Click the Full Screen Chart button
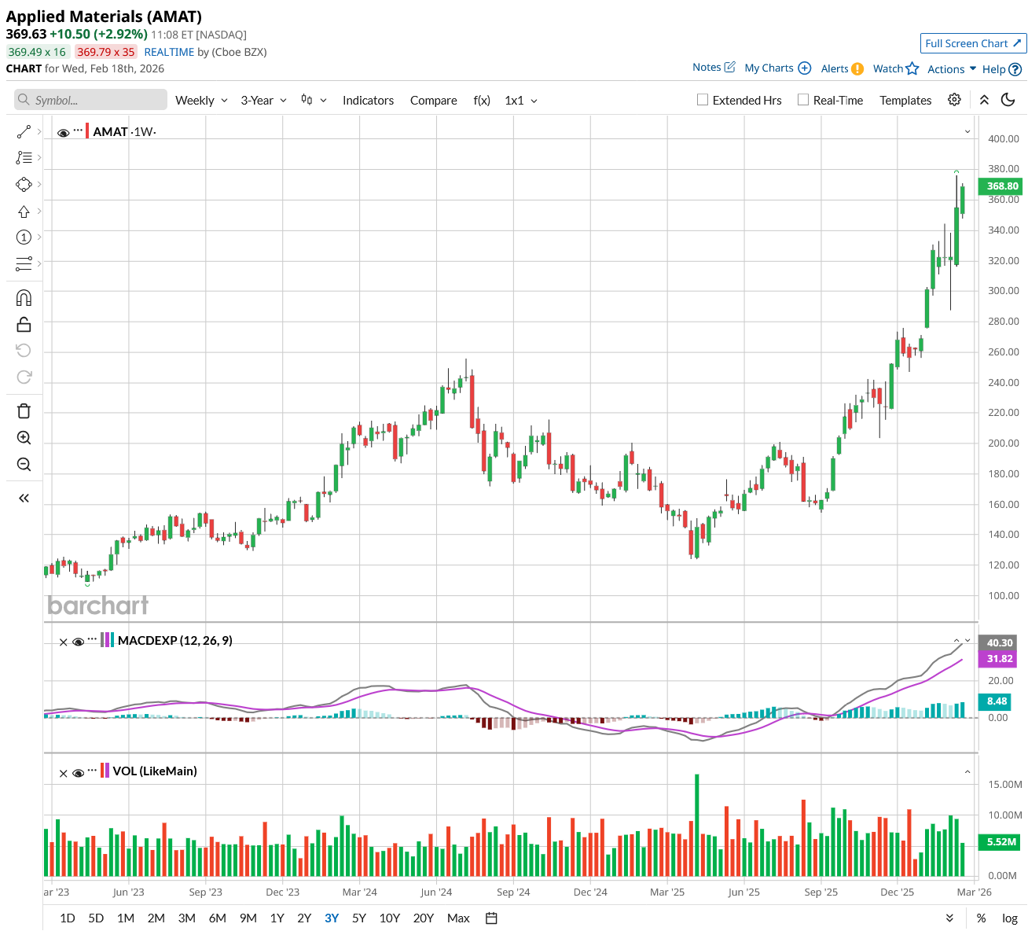pyautogui.click(x=973, y=43)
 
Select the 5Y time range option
pyautogui.click(x=359, y=918)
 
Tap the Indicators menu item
pyautogui.click(x=368, y=100)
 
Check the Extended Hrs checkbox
pyautogui.click(x=703, y=100)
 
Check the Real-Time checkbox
pyautogui.click(x=803, y=100)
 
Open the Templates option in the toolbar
pyautogui.click(x=905, y=100)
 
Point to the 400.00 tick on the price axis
pyautogui.click(x=1003, y=138)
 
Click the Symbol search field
pyautogui.click(x=90, y=100)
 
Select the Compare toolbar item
pyautogui.click(x=433, y=100)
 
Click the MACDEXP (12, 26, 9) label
pyautogui.click(x=174, y=640)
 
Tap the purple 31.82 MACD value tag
pyautogui.click(x=999, y=659)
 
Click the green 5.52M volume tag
pyautogui.click(x=1001, y=841)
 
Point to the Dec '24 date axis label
pyautogui.click(x=590, y=892)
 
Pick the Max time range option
pyautogui.click(x=458, y=918)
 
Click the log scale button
pyautogui.click(x=1010, y=918)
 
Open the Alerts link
pyautogui.click(x=842, y=68)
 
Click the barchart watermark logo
pyautogui.click(x=97, y=605)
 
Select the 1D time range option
pyautogui.click(x=68, y=918)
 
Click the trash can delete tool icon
pyautogui.click(x=24, y=411)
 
